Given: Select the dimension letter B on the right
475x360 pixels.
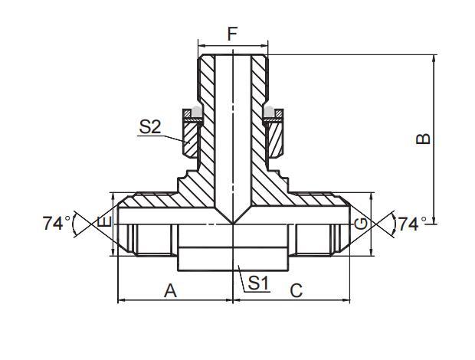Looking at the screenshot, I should [423, 139].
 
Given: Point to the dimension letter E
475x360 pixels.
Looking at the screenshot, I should [106, 224].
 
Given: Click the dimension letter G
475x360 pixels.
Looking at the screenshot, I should [360, 224].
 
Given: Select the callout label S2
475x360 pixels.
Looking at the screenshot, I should [149, 126].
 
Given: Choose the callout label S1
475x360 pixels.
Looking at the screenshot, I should [259, 283].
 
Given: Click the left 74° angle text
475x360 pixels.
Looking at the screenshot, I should [57, 224].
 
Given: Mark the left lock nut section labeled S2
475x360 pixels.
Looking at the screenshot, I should [191, 138].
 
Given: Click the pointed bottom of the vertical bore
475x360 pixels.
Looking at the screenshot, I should [232, 221].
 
